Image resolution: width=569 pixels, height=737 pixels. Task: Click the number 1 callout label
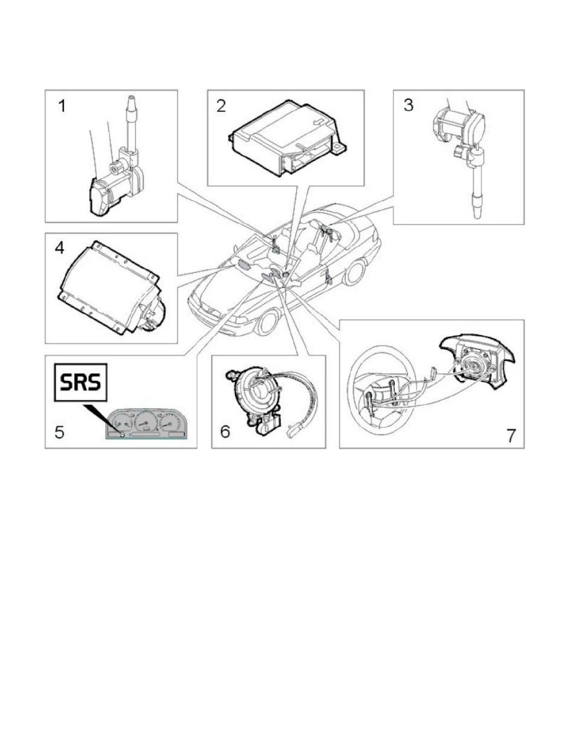click(61, 106)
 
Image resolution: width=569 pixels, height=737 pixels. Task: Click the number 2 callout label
click(221, 105)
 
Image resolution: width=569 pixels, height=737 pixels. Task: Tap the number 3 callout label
click(408, 105)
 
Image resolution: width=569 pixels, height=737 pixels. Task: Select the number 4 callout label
click(59, 248)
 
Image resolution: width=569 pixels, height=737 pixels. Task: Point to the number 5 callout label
click(59, 432)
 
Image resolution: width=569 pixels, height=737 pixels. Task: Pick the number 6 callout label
click(226, 432)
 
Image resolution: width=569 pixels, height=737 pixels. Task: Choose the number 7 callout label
click(511, 435)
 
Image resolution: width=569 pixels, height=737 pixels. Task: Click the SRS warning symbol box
click(81, 382)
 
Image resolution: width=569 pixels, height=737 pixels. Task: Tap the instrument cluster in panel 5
click(146, 424)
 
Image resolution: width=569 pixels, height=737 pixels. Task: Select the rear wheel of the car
click(355, 272)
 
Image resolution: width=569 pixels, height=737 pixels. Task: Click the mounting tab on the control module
click(338, 148)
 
